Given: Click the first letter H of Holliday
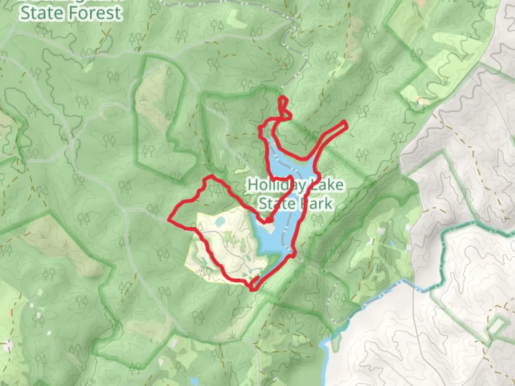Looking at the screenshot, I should [252, 185].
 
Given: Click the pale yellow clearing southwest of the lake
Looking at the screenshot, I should [215, 247].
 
